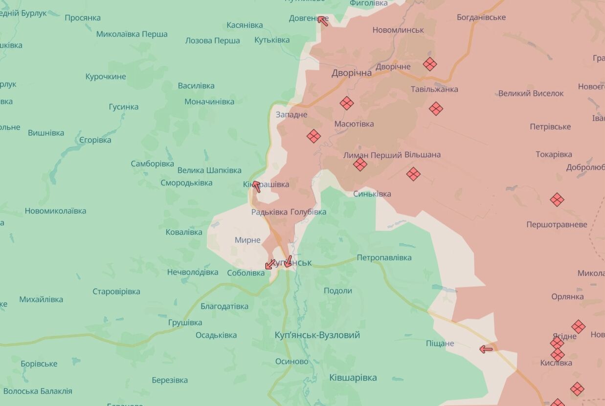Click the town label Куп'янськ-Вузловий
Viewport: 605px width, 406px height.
[x=317, y=335]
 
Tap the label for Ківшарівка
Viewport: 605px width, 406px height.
[x=353, y=378]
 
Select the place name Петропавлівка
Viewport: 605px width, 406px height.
[x=384, y=257]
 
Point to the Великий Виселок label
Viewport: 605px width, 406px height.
[x=531, y=93]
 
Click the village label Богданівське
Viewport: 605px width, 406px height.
[x=481, y=18]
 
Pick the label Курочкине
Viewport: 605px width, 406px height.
[x=106, y=77]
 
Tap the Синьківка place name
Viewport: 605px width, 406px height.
[x=372, y=194]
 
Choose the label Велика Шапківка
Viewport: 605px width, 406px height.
[x=209, y=171]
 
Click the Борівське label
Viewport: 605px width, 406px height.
[x=39, y=364]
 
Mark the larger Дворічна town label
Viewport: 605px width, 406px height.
[x=351, y=73]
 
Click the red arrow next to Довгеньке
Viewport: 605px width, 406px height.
[x=322, y=20]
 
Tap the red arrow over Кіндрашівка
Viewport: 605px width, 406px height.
[x=256, y=186]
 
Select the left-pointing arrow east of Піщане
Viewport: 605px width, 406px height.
[x=486, y=349]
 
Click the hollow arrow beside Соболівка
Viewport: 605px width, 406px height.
[x=270, y=264]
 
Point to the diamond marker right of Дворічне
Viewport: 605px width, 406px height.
[x=429, y=64]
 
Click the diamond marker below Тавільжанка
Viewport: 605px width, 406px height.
[x=436, y=108]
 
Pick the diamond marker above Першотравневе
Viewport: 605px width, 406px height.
[x=557, y=199]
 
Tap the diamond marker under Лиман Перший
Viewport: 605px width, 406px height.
[x=360, y=164]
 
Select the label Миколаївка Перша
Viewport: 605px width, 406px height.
[x=132, y=34]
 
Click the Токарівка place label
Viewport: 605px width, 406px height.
[x=554, y=154]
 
